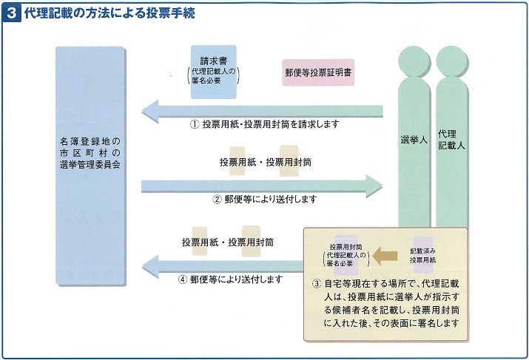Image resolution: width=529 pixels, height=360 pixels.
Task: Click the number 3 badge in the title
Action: (x=12, y=14)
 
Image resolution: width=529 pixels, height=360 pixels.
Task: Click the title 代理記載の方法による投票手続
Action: (x=109, y=13)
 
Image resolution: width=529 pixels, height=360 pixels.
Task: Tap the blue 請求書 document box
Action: (x=214, y=72)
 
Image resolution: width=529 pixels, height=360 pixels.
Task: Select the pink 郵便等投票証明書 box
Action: (x=318, y=72)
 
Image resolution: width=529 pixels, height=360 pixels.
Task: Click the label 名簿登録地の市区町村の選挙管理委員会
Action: (x=90, y=153)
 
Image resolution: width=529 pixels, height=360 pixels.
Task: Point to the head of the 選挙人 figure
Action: (x=414, y=61)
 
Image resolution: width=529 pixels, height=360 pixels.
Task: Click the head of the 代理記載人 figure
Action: (x=452, y=61)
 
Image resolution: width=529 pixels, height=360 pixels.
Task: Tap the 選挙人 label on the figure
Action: (x=414, y=140)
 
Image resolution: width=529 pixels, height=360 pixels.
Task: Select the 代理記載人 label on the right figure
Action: (x=451, y=140)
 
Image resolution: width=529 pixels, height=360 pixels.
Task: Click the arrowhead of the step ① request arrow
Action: (x=149, y=111)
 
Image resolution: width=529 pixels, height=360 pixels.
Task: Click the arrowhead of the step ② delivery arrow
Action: (x=374, y=186)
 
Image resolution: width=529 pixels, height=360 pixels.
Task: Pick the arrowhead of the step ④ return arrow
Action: (x=150, y=266)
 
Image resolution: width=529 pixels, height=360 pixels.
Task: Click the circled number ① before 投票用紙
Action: (x=195, y=124)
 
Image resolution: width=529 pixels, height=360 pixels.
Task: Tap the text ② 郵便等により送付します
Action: (x=265, y=199)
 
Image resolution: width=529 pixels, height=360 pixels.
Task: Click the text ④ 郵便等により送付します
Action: (x=230, y=279)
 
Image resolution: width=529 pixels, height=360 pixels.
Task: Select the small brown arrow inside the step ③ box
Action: (x=385, y=256)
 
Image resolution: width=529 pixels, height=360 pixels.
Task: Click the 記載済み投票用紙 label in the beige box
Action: (x=422, y=256)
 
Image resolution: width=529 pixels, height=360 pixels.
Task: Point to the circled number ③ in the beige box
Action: (x=317, y=284)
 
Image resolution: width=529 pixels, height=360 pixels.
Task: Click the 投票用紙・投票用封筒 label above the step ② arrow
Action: (x=265, y=162)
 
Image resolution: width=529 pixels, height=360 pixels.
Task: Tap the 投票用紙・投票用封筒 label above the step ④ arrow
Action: (x=228, y=242)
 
